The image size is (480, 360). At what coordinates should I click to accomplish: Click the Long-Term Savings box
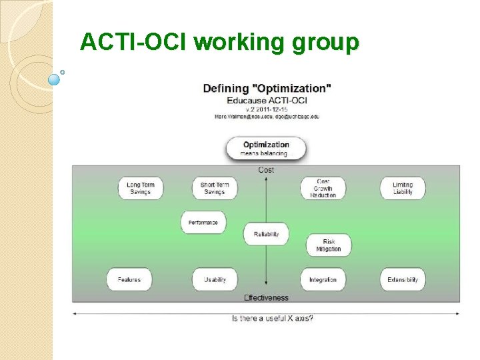(140, 188)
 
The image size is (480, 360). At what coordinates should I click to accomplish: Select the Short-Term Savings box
(214, 188)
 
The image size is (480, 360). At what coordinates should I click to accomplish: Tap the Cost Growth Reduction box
(323, 188)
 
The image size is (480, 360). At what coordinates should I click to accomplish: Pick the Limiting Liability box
(403, 188)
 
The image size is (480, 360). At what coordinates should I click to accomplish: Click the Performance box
(203, 223)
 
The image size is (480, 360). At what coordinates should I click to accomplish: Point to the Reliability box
(267, 234)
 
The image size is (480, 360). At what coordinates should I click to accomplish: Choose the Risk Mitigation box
(329, 245)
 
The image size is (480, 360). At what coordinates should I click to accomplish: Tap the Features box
(129, 279)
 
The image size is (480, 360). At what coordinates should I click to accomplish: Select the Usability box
(215, 279)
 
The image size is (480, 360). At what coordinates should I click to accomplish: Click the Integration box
(323, 279)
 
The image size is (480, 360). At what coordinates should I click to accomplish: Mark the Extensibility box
(403, 279)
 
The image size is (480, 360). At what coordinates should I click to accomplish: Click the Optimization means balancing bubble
(266, 149)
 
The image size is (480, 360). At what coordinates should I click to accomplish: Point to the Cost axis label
(266, 170)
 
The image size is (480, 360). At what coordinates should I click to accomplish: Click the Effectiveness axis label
(266, 297)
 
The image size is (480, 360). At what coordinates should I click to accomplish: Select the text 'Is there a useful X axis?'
(273, 318)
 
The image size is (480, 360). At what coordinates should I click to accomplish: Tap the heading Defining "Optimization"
(267, 88)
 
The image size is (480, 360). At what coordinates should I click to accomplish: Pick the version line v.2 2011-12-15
(267, 109)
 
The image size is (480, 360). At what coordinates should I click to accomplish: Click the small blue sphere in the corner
(55, 79)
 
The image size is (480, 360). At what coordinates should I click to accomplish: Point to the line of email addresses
(267, 116)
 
